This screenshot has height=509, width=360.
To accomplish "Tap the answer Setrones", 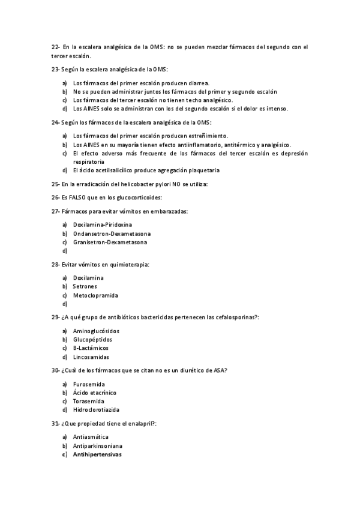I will click(x=85, y=287).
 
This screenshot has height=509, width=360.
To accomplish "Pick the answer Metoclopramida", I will click(x=95, y=295).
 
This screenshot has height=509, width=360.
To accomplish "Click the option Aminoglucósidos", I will click(x=96, y=331).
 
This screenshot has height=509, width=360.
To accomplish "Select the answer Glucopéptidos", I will click(x=92, y=340).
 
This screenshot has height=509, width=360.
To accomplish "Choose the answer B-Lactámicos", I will click(x=91, y=348).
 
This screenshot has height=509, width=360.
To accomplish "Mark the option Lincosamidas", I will click(x=91, y=357).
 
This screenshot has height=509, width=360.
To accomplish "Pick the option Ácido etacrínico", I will click(x=95, y=393).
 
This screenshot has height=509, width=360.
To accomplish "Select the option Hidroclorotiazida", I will click(x=96, y=410).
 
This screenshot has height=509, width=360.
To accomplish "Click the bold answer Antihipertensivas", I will click(x=97, y=455).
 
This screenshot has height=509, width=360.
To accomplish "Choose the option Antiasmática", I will click(x=91, y=437).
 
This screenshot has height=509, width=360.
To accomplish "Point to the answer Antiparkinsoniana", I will click(x=98, y=446).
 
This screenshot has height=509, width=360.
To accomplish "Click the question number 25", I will click(x=55, y=184).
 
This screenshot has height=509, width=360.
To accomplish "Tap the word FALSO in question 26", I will click(x=79, y=197).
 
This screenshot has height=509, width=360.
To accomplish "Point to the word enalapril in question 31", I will click(x=140, y=424).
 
